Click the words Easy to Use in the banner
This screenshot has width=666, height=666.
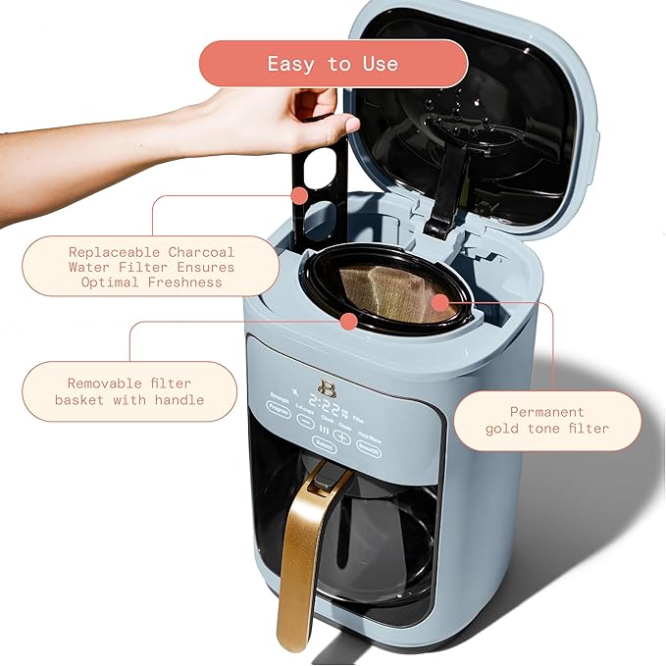333,64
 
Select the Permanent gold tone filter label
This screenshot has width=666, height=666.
560,420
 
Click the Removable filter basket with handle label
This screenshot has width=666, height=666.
129,391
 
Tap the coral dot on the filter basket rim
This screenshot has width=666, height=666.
348,321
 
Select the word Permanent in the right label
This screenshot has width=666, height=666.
546,412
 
